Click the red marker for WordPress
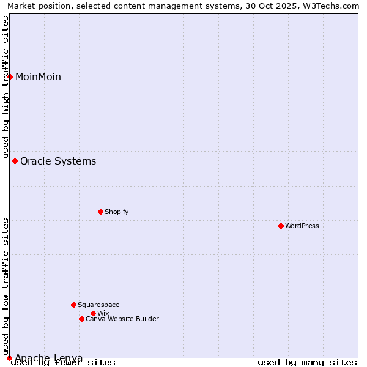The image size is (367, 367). tap(281, 226)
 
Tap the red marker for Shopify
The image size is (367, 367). tap(100, 212)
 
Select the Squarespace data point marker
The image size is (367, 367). tap(73, 305)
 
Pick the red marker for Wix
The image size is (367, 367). tap(93, 313)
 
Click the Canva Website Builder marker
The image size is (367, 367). tap(81, 319)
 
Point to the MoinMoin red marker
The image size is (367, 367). tap(10, 76)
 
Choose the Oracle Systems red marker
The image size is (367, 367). tap(15, 161)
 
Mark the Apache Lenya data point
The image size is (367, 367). tap(9, 358)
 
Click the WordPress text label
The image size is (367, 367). tap(302, 226)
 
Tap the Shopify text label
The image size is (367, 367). tap(117, 212)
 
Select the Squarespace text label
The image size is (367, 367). tap(98, 305)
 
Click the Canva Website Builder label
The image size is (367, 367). tap(122, 319)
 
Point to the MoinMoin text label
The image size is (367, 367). tap(38, 76)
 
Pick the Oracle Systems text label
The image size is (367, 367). tap(58, 161)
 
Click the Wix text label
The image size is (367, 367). tap(103, 313)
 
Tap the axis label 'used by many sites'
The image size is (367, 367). tap(307, 362)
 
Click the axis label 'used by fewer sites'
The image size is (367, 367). tap(63, 362)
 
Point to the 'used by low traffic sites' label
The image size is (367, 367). tap(6, 286)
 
